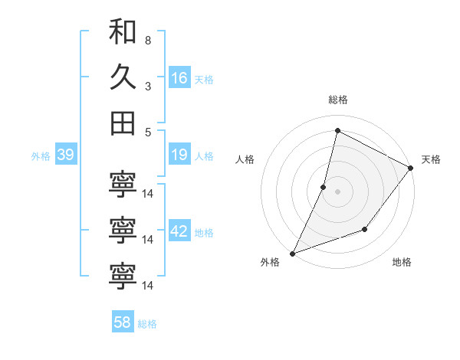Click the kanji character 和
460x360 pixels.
pos(123,31)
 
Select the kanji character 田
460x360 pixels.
pos(123,123)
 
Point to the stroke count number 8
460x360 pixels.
pos(147,40)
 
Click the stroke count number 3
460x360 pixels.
pos(147,86)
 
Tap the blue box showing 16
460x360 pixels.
pos(179,78)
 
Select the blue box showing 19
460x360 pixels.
pos(179,155)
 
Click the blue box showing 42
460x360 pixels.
pos(179,231)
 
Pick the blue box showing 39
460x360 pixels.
pos(65,155)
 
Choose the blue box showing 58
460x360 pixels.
pos(123,323)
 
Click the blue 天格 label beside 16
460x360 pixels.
pos(204,80)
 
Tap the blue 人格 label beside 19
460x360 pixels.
pos(204,156)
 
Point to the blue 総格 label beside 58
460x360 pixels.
pos(147,324)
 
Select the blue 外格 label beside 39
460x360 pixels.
pos(41,156)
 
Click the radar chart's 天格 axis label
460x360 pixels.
pos(431,159)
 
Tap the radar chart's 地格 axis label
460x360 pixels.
pos(402,262)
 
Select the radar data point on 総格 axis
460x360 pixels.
pos(337,131)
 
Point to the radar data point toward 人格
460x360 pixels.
pos(324,187)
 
